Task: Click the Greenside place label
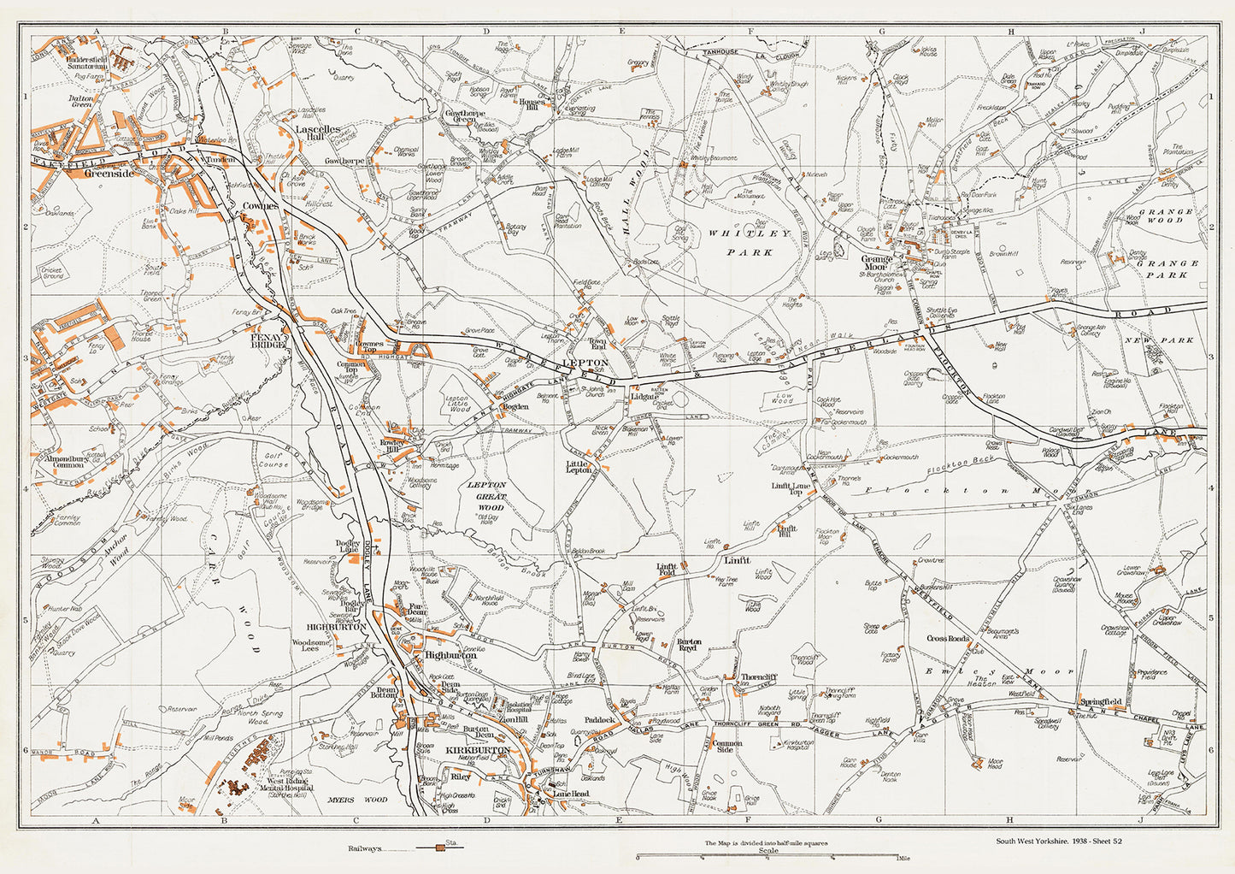point(109,173)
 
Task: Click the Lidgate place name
point(644,397)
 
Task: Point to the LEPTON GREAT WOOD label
point(487,495)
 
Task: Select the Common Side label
point(727,747)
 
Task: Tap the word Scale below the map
point(768,850)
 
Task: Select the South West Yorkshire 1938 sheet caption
point(1058,841)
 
